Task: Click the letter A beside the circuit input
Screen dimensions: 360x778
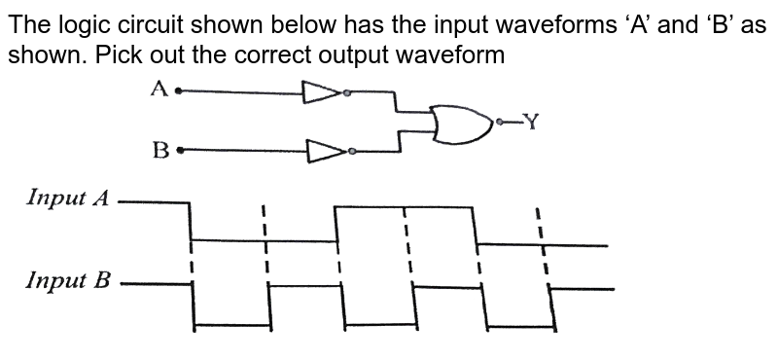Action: [159, 90]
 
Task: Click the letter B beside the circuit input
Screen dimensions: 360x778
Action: [161, 151]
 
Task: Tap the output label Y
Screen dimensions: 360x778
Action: [531, 121]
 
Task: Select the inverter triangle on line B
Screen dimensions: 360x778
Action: [324, 151]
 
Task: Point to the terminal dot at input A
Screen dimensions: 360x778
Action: [177, 91]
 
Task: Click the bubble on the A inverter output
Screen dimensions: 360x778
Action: [345, 93]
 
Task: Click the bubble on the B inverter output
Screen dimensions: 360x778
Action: [351, 151]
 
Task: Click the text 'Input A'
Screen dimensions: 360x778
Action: [68, 198]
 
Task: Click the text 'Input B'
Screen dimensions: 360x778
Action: [68, 282]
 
